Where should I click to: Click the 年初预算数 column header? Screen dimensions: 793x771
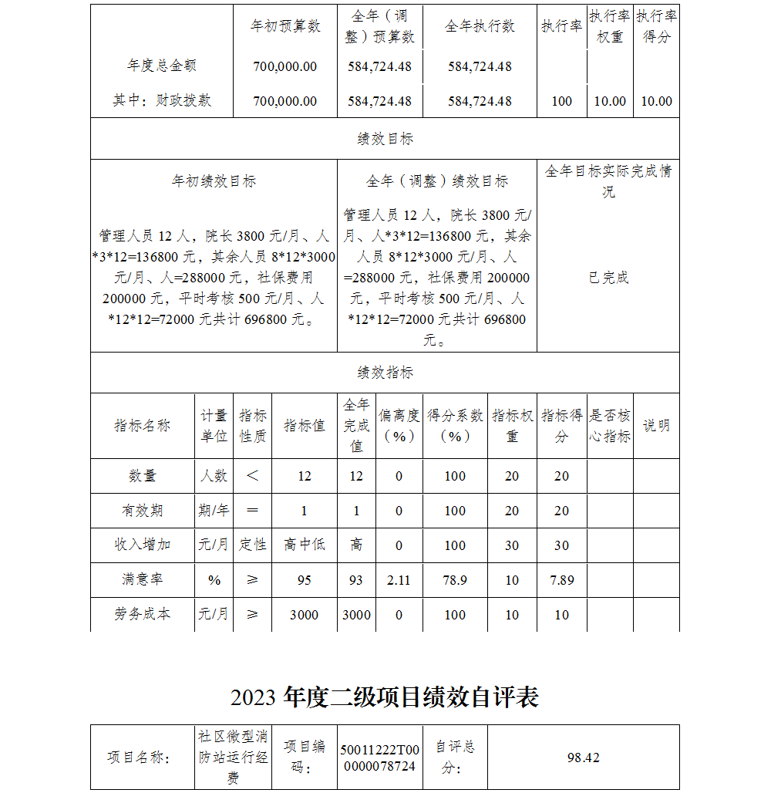[x=285, y=26]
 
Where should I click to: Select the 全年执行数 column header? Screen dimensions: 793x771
[x=480, y=26]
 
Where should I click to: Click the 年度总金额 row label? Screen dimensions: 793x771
[x=162, y=66]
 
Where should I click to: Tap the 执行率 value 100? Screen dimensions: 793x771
[x=562, y=101]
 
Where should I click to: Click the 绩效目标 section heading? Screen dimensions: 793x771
[x=385, y=139]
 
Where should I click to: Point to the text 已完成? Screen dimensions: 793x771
[x=608, y=278]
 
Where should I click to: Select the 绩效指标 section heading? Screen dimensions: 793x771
[x=385, y=373]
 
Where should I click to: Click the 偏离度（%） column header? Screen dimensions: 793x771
[x=399, y=425]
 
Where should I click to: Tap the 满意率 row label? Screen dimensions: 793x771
[x=143, y=579]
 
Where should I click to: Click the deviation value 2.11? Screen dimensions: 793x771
[x=399, y=580]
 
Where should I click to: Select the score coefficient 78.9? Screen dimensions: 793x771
[x=455, y=580]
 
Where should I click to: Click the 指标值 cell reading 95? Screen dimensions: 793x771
[x=305, y=580]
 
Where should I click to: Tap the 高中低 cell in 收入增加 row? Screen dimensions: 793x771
[x=305, y=545]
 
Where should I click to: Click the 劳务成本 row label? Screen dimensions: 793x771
[x=143, y=615]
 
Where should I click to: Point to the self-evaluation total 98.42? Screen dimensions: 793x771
[x=583, y=758]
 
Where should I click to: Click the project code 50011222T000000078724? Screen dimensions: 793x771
[x=380, y=758]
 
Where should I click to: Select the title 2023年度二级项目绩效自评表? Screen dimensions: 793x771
[x=385, y=697]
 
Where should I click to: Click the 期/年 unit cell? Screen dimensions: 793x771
[x=214, y=511]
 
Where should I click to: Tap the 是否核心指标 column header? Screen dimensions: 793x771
[x=610, y=425]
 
